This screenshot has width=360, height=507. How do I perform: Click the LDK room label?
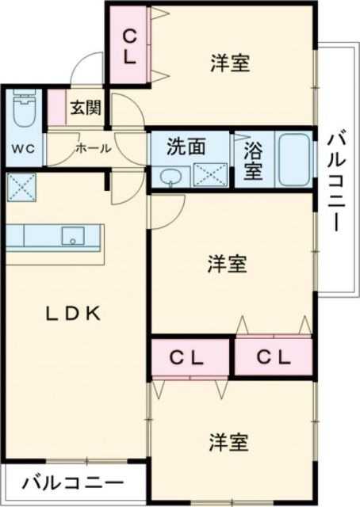tap(71, 312)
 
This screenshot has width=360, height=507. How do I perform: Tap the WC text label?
tap(22, 148)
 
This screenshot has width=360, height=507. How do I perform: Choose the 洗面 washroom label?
tap(186, 146)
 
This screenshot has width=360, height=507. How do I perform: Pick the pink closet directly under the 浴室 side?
tap(273, 356)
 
